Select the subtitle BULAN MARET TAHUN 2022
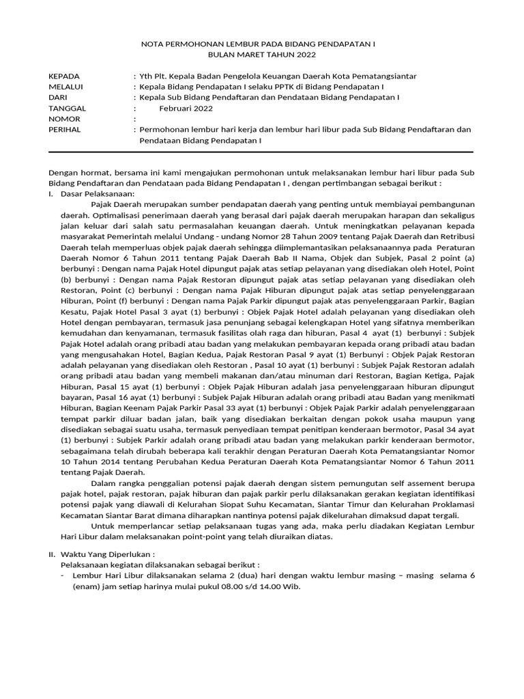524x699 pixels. [x=262, y=55]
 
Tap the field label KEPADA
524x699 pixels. [x=64, y=76]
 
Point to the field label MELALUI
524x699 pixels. [x=65, y=87]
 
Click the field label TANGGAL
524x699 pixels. [x=68, y=108]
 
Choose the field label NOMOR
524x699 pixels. [x=65, y=119]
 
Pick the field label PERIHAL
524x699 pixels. [x=65, y=129]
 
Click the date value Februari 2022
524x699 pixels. [x=186, y=108]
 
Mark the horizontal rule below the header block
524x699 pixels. [x=261, y=152]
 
